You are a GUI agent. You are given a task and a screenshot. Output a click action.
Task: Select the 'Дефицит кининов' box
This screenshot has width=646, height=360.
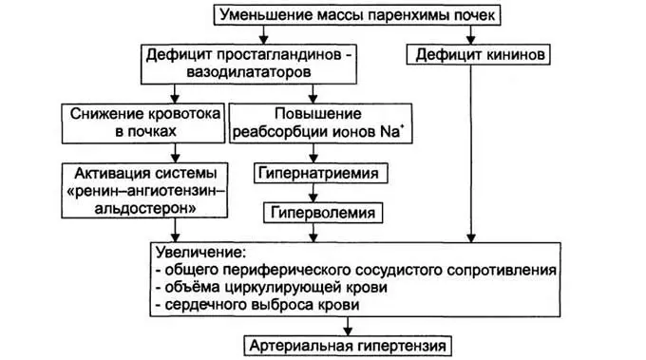479,55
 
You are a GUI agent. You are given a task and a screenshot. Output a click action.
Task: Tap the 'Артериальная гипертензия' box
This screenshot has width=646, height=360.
346,344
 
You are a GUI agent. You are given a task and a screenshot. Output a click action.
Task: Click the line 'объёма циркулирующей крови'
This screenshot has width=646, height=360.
275,287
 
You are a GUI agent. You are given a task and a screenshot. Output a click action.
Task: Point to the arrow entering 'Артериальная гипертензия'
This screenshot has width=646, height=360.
344,325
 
